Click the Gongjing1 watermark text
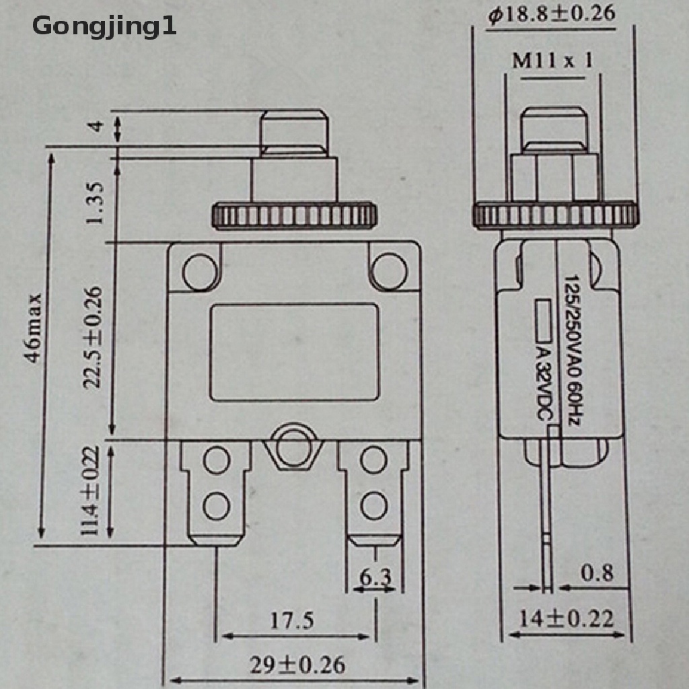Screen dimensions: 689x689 click(x=104, y=27)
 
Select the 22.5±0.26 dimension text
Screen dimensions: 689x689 click(x=94, y=338)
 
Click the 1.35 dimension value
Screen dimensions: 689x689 click(x=95, y=203)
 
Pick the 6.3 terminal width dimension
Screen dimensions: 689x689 click(x=375, y=577)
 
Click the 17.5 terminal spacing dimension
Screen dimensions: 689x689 click(x=292, y=620)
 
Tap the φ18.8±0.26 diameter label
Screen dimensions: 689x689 click(x=552, y=15)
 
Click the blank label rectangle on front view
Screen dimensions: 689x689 click(x=293, y=352)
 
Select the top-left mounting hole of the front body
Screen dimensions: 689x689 click(x=199, y=271)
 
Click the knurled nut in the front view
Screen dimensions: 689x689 click(x=294, y=215)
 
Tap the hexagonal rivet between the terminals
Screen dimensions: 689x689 click(x=293, y=445)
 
